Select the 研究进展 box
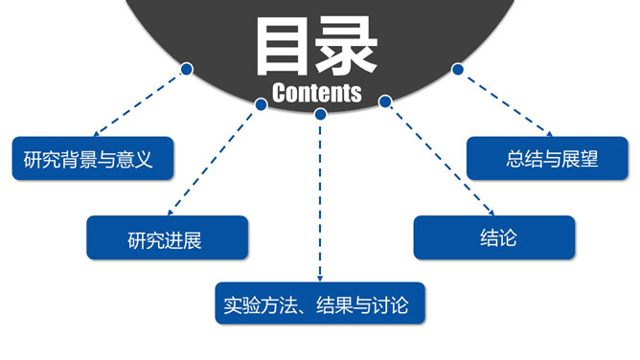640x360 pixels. click(x=167, y=239)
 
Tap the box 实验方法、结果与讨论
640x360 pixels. click(x=320, y=305)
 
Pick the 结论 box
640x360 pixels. click(x=493, y=237)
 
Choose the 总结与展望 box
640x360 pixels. click(x=547, y=159)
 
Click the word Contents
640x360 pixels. click(x=316, y=93)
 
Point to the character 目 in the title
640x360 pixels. click(x=286, y=46)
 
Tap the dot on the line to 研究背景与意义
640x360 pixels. click(x=187, y=69)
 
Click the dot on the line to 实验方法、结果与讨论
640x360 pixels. click(x=320, y=114)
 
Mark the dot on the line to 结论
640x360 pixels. click(x=385, y=101)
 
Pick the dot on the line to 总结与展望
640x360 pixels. click(x=458, y=69)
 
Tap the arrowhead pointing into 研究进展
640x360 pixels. click(x=170, y=213)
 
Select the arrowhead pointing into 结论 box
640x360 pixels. click(x=491, y=213)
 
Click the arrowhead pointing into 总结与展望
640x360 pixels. click(x=548, y=134)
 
